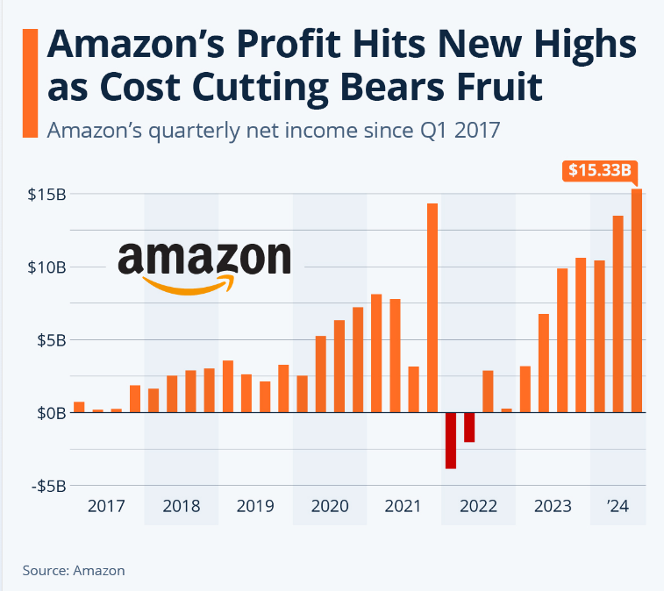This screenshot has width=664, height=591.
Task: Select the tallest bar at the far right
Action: coord(636,300)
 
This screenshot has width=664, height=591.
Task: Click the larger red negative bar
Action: coord(451,440)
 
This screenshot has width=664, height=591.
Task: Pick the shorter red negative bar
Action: coord(469,427)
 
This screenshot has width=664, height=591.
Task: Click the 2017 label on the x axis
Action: coord(107,506)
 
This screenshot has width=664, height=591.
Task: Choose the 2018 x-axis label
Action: coord(182,506)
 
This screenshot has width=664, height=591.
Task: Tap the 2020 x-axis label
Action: coord(330,506)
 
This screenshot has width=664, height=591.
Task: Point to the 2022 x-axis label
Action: coord(478,506)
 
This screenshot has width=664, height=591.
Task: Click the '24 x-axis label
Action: coord(618,506)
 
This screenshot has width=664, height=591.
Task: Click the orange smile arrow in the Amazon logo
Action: coord(189,285)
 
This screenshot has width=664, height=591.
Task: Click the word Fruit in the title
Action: coord(490,88)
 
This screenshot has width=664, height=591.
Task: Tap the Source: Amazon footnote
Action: coord(74,570)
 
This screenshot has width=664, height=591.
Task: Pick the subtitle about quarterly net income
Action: coord(273,130)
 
